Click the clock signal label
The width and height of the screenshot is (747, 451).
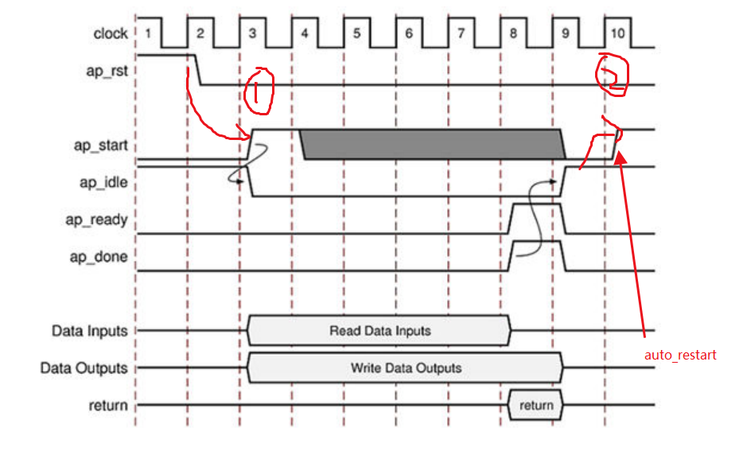click(110, 33)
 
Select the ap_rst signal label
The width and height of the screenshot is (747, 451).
click(107, 70)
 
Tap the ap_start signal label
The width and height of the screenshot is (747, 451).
click(103, 146)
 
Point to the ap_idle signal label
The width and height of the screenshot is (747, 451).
click(105, 182)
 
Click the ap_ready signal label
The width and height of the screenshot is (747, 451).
click(96, 220)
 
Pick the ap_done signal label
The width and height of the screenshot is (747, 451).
click(99, 257)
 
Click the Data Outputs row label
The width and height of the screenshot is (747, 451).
click(84, 368)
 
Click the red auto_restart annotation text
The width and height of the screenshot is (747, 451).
click(680, 356)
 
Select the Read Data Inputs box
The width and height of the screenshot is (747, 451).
click(379, 330)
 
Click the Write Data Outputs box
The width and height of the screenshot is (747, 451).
click(406, 368)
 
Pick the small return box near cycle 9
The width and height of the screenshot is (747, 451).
click(535, 406)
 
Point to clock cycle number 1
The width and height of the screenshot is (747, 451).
click(148, 33)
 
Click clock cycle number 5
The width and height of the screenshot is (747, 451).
click(356, 33)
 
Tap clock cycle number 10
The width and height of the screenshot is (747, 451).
click(617, 33)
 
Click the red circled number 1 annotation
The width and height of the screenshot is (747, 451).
click(259, 91)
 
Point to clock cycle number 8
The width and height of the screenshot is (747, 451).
click(513, 33)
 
